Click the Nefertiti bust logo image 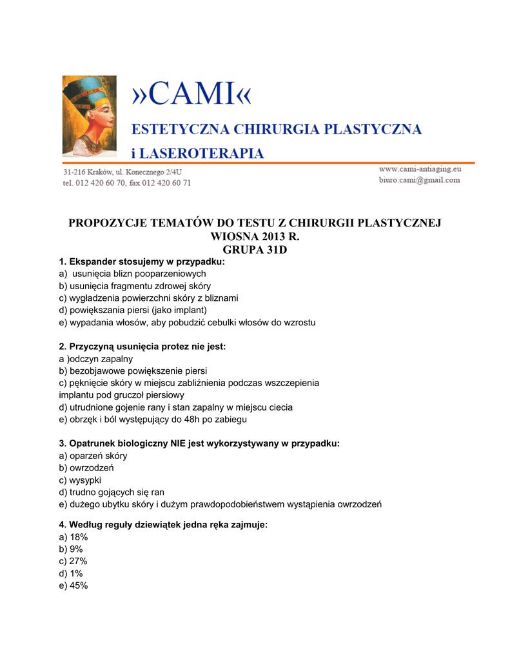point(88,116)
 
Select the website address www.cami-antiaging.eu point(420,168)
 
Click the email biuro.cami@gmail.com point(419,180)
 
